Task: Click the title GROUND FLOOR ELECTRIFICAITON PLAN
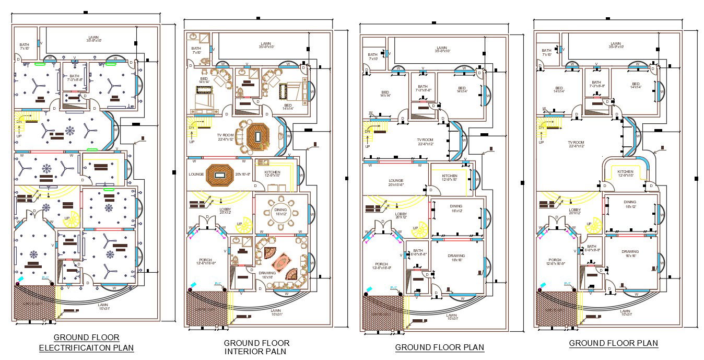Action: click(87, 342)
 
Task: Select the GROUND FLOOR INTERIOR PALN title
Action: click(256, 347)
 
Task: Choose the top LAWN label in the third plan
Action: click(442, 49)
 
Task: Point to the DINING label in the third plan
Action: click(456, 207)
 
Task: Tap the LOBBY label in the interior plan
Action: click(225, 210)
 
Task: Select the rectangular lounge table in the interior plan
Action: click(222, 173)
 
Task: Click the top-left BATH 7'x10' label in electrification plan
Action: click(25, 46)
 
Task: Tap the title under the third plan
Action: click(439, 347)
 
